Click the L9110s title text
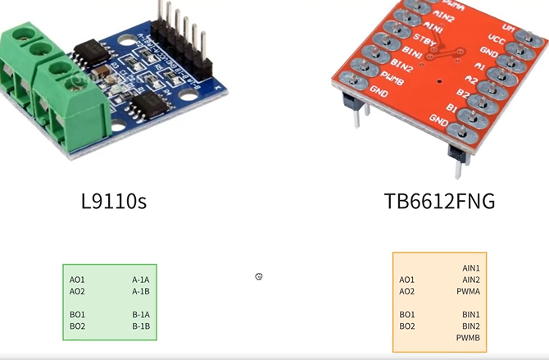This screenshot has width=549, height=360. [x=114, y=200]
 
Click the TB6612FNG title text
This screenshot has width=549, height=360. [x=439, y=200]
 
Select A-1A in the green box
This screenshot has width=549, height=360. [x=141, y=280]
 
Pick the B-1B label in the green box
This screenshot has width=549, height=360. [x=141, y=326]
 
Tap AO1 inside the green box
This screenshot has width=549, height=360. [x=77, y=280]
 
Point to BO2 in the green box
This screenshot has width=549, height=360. [x=77, y=326]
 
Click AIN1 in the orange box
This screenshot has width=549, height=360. [x=471, y=268]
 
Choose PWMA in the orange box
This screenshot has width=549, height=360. [x=468, y=291]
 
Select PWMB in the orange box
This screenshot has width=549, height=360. [x=468, y=338]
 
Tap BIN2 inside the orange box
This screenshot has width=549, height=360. [x=471, y=326]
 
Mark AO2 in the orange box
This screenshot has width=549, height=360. [x=407, y=291]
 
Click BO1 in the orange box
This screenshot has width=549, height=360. [x=407, y=315]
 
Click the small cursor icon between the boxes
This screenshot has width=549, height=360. [x=259, y=277]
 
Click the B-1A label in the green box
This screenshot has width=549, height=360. [x=141, y=315]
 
